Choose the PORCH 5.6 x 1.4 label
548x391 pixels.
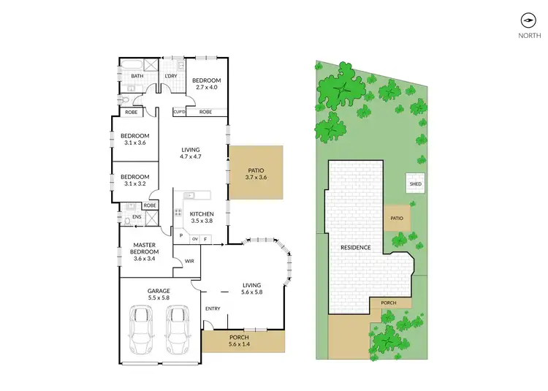point(243,341)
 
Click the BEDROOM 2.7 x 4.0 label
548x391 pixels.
point(206,84)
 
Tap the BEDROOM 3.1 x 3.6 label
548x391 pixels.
point(135,139)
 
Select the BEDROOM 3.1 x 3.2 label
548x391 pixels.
point(135,180)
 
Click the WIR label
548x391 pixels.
point(189,261)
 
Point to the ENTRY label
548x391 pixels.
point(213,308)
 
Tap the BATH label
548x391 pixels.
point(137,76)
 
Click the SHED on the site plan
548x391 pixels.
point(416,184)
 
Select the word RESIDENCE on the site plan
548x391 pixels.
point(356,248)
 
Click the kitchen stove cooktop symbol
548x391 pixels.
point(178,214)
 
